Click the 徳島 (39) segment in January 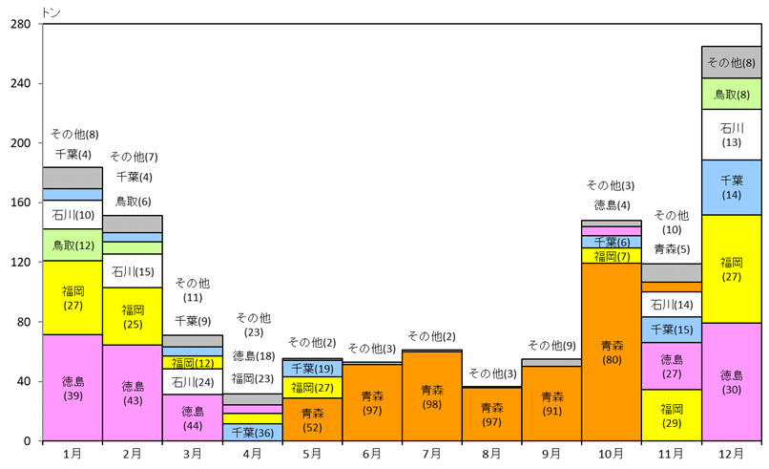[73, 387]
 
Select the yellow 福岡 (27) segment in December [731, 268]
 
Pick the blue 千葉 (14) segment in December [731, 187]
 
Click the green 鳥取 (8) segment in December [731, 94]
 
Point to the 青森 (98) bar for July [432, 395]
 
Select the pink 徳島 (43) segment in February [133, 393]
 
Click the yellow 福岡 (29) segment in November [672, 415]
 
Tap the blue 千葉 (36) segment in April [252, 432]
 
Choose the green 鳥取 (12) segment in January [73, 245]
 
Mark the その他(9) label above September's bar [551, 345]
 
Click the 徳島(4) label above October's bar [612, 204]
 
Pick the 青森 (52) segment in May [312, 419]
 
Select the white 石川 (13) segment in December [731, 135]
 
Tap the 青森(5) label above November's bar [672, 249]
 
